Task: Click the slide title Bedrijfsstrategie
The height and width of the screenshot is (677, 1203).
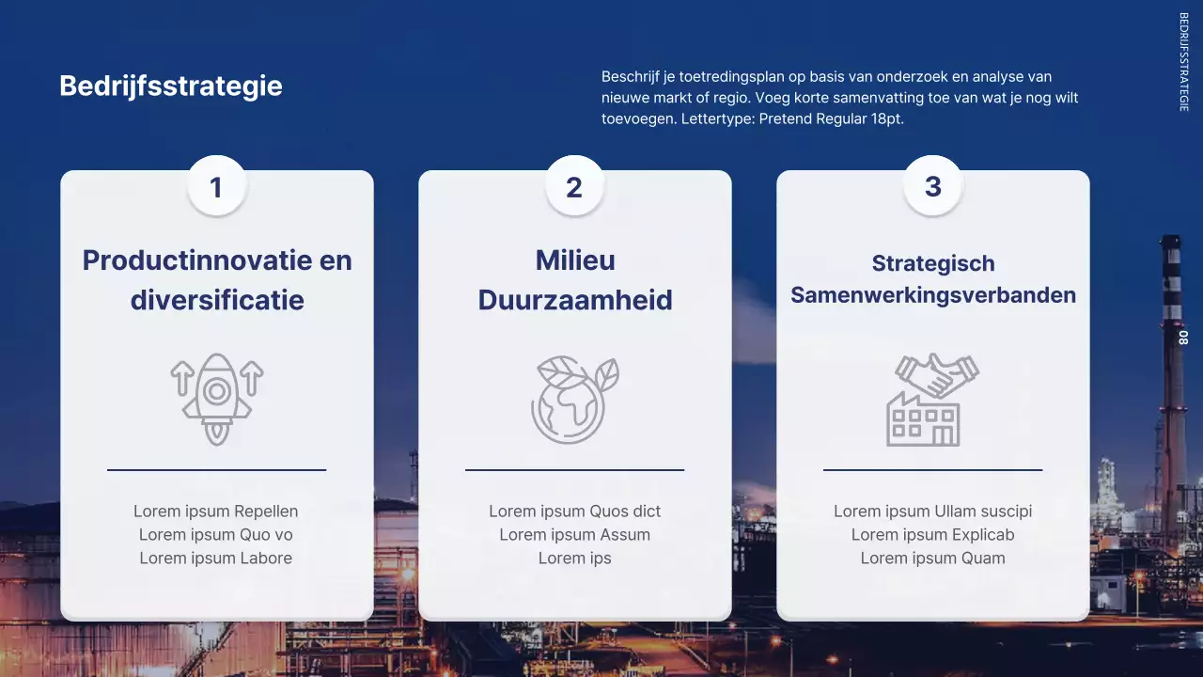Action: pos(170,86)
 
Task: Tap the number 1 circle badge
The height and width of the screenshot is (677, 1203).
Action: pos(216,186)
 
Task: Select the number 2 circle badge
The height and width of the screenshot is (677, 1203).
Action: pos(574,186)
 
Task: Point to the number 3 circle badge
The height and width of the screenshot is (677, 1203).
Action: pos(932,185)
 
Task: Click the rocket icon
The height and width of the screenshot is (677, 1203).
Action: pos(217,400)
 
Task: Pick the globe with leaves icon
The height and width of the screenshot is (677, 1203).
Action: pos(574,400)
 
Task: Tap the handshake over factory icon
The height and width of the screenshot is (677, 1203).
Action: pos(932,400)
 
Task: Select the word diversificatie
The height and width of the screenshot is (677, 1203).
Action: pos(217,300)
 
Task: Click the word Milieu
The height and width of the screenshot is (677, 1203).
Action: pos(574,260)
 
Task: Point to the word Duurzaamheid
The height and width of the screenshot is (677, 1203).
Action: pos(574,300)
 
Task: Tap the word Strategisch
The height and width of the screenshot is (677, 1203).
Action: pos(932,263)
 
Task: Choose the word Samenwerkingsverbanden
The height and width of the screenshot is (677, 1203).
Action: pos(932,294)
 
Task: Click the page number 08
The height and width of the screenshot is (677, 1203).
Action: pos(1183,338)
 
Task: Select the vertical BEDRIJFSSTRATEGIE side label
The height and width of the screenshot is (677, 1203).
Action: pos(1183,62)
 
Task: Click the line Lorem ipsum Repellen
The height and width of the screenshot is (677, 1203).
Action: pos(216,512)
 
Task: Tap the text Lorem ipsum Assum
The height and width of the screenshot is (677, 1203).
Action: pos(574,535)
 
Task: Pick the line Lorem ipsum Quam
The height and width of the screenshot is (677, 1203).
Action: pos(932,559)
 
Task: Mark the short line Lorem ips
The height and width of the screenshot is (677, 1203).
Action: pos(574,559)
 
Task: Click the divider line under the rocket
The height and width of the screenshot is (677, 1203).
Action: pos(216,469)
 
